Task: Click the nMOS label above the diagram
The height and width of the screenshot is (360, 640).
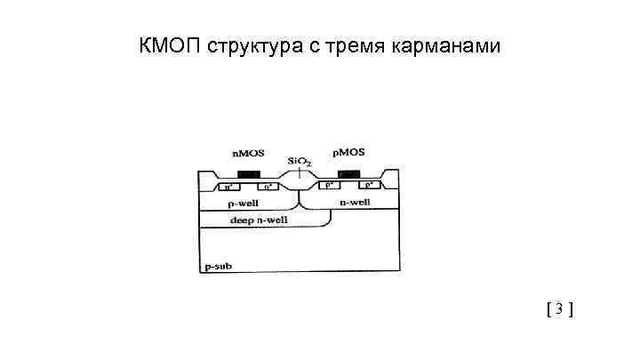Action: (247, 154)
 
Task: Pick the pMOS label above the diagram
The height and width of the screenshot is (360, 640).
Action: (348, 153)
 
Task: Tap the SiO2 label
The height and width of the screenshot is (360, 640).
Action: (299, 162)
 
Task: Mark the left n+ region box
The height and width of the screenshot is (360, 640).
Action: (229, 187)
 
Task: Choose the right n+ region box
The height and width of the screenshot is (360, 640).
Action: (268, 187)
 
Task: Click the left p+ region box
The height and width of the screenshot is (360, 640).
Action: (330, 187)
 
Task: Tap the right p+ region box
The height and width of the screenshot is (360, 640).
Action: (369, 187)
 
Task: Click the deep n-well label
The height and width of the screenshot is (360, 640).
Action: (254, 219)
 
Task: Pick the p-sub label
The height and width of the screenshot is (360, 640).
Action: (218, 266)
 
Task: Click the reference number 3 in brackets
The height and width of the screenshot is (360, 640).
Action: (558, 309)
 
